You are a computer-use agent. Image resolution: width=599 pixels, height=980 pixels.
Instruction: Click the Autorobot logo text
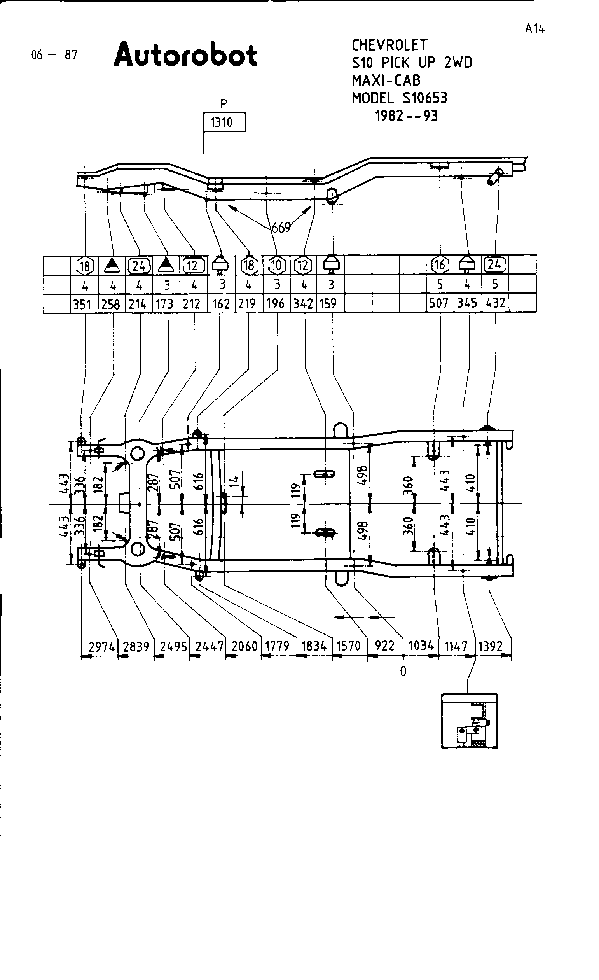pyautogui.click(x=186, y=55)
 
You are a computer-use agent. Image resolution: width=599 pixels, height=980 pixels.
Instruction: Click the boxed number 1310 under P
pyautogui.click(x=224, y=122)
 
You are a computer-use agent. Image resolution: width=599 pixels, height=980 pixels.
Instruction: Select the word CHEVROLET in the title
pyautogui.click(x=389, y=45)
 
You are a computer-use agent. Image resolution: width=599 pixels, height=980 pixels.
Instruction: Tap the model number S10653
pyautogui.click(x=425, y=98)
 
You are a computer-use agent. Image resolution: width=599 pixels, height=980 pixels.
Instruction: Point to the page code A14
pyautogui.click(x=534, y=28)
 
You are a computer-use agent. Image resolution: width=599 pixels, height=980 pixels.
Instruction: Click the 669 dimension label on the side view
pyautogui.click(x=281, y=227)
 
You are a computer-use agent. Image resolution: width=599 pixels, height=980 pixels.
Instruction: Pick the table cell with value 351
pyautogui.click(x=82, y=304)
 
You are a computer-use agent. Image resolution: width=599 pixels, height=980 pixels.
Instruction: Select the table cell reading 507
pyautogui.click(x=438, y=303)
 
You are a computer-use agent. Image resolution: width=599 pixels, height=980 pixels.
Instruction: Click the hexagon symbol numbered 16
pyautogui.click(x=440, y=264)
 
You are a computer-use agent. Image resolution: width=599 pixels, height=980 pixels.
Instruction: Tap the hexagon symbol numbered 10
pyautogui.click(x=277, y=265)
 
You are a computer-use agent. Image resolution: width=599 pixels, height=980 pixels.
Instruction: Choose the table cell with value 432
pyautogui.click(x=495, y=303)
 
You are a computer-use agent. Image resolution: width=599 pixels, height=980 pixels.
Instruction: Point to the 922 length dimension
pyautogui.click(x=384, y=646)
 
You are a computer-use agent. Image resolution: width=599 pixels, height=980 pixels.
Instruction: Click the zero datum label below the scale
pyautogui.click(x=403, y=671)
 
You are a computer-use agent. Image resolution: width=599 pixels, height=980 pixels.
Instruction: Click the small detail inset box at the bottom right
pyautogui.click(x=470, y=721)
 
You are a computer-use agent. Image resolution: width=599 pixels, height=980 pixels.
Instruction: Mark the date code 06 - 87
pyautogui.click(x=54, y=54)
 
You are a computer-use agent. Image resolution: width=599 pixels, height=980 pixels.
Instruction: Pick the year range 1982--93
pyautogui.click(x=406, y=116)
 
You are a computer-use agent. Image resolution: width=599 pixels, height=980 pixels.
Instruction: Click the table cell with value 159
pyautogui.click(x=328, y=303)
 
